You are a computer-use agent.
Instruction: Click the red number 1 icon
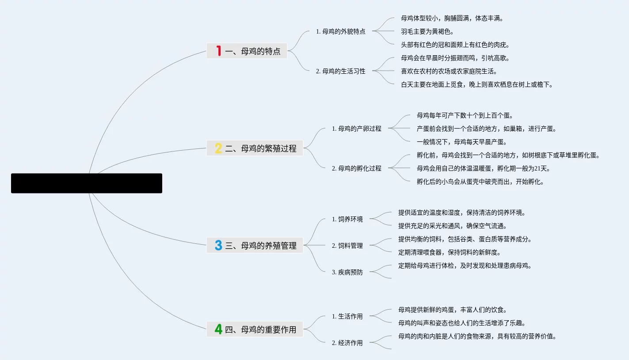click(x=218, y=51)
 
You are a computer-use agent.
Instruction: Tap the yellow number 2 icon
click(x=218, y=148)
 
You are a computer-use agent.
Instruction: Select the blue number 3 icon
click(x=218, y=245)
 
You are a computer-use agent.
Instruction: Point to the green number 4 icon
click(x=218, y=329)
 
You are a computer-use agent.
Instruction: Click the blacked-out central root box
click(x=87, y=183)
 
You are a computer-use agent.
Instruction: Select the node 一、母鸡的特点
click(x=252, y=51)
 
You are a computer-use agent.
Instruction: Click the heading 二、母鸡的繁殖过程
click(x=260, y=148)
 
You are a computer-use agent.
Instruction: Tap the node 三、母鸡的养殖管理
click(x=260, y=246)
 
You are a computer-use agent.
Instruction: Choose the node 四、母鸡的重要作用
click(x=260, y=330)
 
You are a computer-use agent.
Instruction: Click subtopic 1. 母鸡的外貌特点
click(x=340, y=31)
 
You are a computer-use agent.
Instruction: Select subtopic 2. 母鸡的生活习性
click(x=340, y=71)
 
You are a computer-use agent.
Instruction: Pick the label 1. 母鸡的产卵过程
click(x=356, y=129)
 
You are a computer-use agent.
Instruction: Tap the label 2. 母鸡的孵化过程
click(x=356, y=168)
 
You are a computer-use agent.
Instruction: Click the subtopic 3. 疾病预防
click(x=347, y=272)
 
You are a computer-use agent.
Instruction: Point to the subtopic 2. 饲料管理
click(x=347, y=246)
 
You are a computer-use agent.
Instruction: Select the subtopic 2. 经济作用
click(x=347, y=343)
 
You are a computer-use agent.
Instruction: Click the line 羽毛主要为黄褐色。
click(x=427, y=31)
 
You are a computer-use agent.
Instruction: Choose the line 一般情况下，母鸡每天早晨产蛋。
click(x=461, y=142)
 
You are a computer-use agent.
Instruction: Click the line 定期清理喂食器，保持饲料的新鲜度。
click(x=449, y=252)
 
